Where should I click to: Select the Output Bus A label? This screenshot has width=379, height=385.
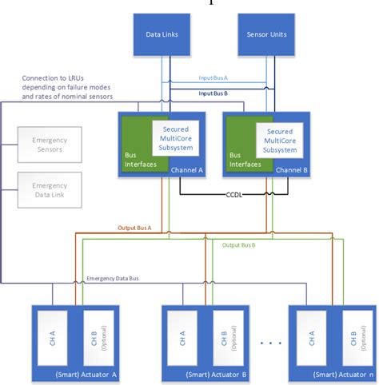tap(134, 229)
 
